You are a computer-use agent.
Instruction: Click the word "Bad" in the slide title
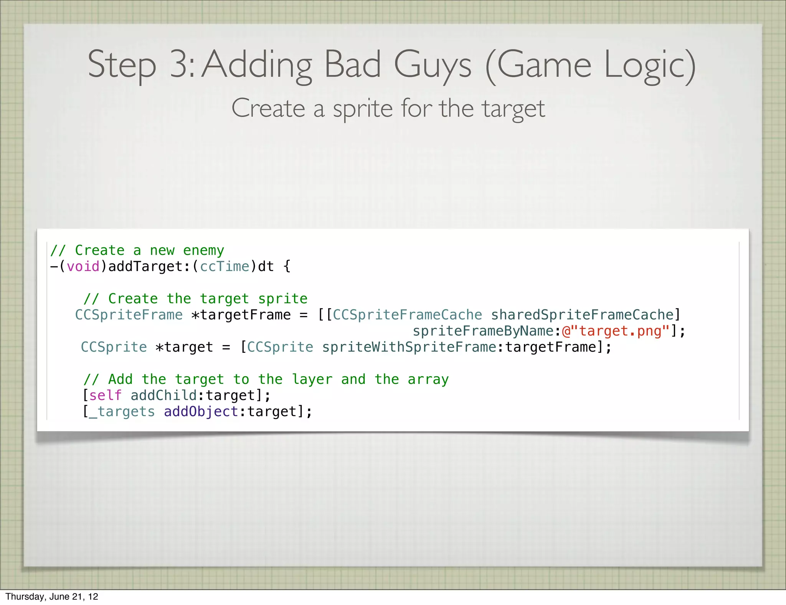[x=353, y=64]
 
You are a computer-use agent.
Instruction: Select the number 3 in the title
[x=180, y=64]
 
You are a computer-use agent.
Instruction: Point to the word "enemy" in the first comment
[x=203, y=250]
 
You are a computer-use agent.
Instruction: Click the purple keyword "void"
[x=83, y=266]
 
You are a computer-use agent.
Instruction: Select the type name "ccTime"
[x=225, y=266]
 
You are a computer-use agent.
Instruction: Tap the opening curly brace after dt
[x=287, y=266]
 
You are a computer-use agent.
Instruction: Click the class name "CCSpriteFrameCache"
[x=407, y=315]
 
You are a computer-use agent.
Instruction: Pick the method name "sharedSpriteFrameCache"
[x=582, y=315]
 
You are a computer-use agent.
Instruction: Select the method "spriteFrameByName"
[x=483, y=331]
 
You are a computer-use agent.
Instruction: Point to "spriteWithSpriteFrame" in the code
[x=409, y=347]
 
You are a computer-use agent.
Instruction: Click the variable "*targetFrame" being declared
[x=241, y=315]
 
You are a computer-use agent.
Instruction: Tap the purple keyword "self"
[x=105, y=395]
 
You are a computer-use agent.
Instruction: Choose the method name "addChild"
[x=163, y=395]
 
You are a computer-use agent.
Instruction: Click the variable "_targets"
[x=122, y=412]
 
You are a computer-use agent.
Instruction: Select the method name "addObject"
[x=201, y=412]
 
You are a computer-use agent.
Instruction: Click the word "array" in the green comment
[x=428, y=379]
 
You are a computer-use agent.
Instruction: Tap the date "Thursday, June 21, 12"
[x=52, y=597]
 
